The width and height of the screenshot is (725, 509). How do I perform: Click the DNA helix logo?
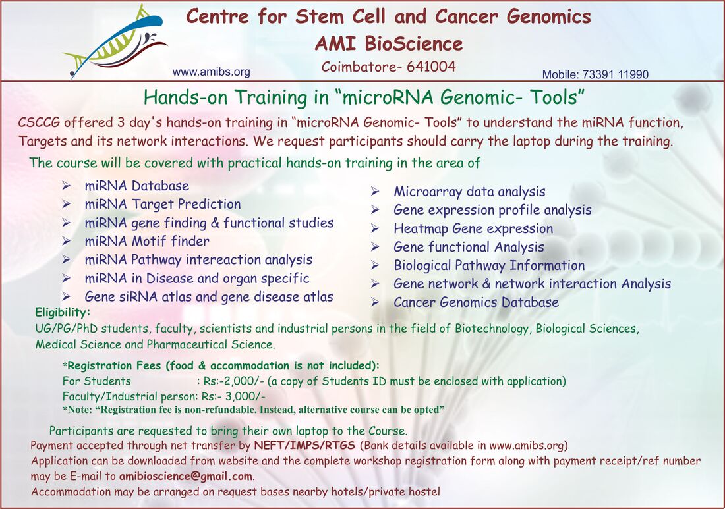point(115,41)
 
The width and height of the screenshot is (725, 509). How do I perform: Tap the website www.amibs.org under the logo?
point(212,72)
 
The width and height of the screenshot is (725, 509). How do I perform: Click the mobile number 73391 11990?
point(616,74)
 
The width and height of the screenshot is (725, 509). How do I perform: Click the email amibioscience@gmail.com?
point(186,476)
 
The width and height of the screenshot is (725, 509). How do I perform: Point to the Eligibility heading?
point(63,313)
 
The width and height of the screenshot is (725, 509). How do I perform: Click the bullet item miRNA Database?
point(137,186)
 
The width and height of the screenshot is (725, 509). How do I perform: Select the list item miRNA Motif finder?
point(147,241)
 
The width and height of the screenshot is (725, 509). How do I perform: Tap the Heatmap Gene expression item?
point(473,228)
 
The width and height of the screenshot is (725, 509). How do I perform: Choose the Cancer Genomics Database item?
point(477,302)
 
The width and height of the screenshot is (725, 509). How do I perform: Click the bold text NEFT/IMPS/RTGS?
point(304,446)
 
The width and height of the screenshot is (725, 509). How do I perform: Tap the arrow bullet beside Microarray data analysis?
point(375,192)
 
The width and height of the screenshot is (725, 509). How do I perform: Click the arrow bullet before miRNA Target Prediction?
point(67,204)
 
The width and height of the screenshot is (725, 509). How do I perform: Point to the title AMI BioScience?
point(389,44)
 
